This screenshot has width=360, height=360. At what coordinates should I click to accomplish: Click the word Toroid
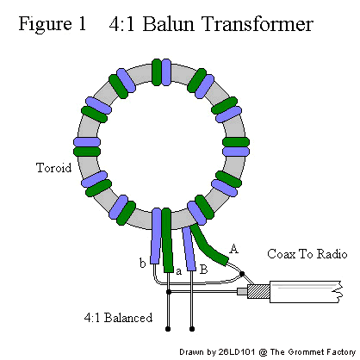point(54,167)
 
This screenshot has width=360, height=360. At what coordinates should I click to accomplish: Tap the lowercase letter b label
point(143,263)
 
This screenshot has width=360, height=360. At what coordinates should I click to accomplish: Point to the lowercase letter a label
point(179,271)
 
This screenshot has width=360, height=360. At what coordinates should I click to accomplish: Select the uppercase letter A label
point(234,249)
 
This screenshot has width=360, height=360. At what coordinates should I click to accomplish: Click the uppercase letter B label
point(203,270)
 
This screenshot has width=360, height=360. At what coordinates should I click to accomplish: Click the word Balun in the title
point(169,23)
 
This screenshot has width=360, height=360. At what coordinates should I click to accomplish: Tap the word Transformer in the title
point(258,23)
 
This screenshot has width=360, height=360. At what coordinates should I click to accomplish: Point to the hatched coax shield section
point(258,291)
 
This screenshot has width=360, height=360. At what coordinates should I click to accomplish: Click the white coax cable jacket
point(307,292)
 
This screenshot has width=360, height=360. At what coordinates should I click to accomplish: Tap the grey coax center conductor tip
point(242,292)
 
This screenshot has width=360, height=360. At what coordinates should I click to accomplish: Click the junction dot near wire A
point(242,274)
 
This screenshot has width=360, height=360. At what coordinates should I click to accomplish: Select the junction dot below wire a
point(169,292)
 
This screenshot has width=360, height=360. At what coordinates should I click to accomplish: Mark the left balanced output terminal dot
point(168,329)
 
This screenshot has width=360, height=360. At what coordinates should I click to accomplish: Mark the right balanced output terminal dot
point(192,329)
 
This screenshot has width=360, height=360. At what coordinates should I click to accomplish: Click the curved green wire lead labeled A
point(208,246)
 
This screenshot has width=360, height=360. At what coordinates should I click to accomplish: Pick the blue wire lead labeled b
point(155,236)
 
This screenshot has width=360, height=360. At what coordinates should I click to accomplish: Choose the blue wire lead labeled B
point(189,249)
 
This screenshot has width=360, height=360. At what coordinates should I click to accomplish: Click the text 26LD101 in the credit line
point(236,352)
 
